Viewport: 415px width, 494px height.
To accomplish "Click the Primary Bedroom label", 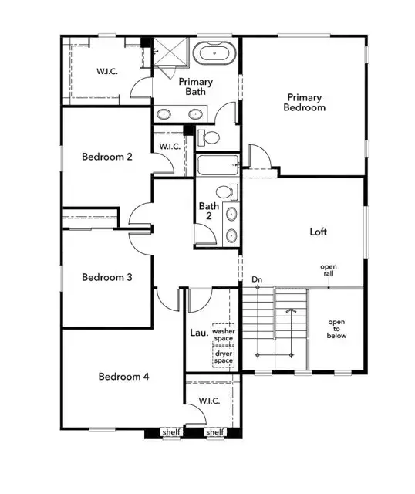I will pos(305,102).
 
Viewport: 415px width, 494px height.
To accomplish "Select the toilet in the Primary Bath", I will pos(208,137).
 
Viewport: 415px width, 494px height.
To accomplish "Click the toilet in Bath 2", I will pos(224,192).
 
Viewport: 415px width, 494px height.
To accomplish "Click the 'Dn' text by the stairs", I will pos(257,279).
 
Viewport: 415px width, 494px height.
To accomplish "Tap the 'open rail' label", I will pos(329,271).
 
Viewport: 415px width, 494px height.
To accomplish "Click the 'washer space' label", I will pos(224,334).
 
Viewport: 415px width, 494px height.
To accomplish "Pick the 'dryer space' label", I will pos(224,357).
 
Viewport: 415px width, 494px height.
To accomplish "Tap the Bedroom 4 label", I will pos(123,377).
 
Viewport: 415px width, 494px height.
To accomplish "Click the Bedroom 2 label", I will pos(107,157).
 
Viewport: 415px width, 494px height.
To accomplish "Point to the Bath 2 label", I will pos(209,211).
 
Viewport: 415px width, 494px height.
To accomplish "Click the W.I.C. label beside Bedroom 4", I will pos(209,401).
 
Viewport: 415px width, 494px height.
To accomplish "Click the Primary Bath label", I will pos(196,86).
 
